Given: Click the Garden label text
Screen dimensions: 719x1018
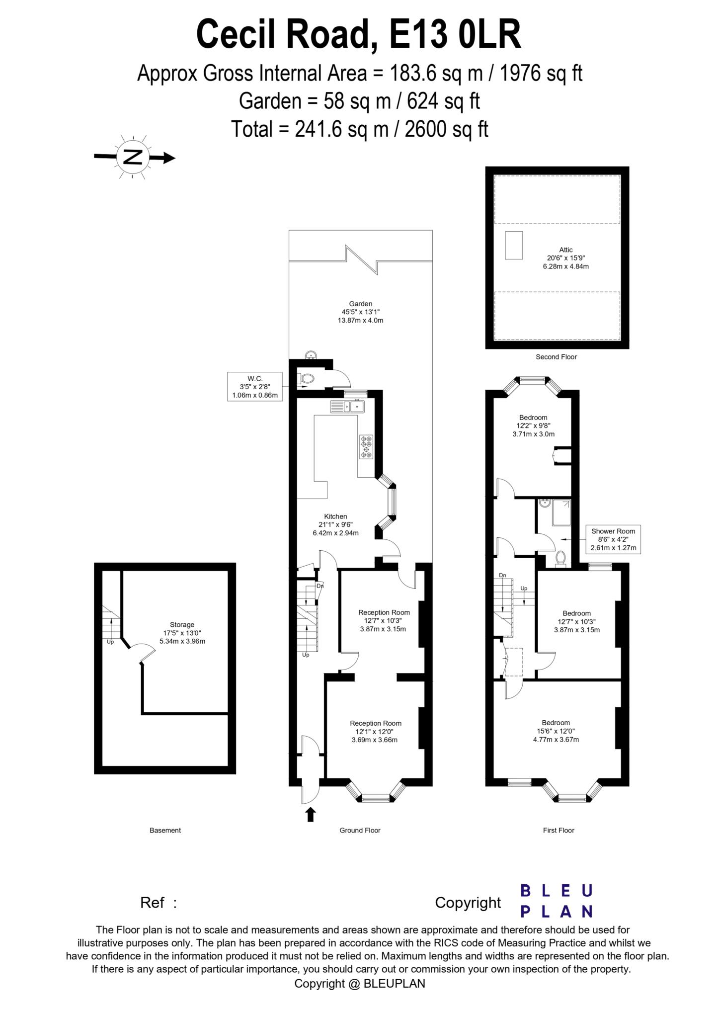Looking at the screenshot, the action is click(x=360, y=312).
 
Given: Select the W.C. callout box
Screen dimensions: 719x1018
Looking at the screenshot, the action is click(x=255, y=387).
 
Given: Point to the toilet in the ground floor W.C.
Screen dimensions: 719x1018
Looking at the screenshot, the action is click(x=306, y=379).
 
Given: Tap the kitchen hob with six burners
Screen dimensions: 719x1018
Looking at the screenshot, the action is click(x=366, y=446).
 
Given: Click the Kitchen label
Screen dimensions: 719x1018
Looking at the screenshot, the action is click(x=335, y=524).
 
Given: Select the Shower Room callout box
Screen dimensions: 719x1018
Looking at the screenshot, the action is click(x=613, y=539).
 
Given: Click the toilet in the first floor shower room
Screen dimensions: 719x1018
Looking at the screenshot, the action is click(x=560, y=558).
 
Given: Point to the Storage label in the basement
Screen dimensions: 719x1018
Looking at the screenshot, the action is click(x=182, y=633).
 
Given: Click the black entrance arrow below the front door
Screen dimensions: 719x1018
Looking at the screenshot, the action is click(x=311, y=814).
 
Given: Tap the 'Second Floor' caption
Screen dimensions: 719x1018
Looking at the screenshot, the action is click(x=556, y=357).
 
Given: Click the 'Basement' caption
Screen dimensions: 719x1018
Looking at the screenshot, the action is click(x=165, y=830).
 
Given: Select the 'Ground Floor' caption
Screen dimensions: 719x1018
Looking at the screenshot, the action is click(x=360, y=830).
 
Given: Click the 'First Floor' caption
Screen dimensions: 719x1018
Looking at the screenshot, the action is click(x=559, y=830).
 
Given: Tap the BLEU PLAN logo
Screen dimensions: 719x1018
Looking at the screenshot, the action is click(x=557, y=901).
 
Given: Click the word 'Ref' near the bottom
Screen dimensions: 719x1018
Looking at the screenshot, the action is click(x=152, y=903).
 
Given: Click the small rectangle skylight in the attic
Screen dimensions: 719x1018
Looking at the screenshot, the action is click(x=514, y=245).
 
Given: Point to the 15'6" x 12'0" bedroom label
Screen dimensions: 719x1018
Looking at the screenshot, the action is click(x=556, y=731).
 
